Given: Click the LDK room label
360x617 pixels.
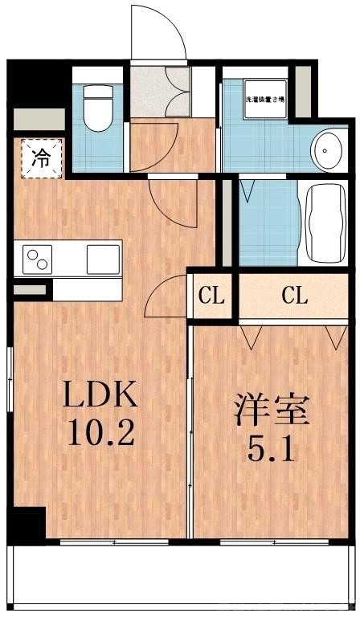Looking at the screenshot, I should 102,395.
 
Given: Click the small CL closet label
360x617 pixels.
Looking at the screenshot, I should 211,296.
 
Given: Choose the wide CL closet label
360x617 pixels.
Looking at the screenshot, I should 295,296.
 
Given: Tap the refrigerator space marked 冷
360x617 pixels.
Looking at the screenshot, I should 39,157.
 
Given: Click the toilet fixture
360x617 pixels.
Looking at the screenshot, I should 98,108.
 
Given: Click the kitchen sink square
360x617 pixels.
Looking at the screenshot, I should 102,259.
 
